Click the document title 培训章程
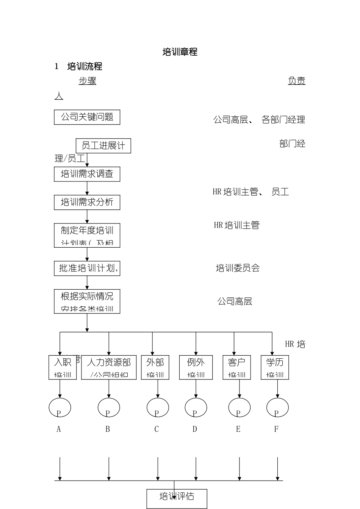(180, 52)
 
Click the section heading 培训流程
(85, 67)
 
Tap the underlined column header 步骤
(88, 81)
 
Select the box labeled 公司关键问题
(87, 117)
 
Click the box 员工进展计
(103, 146)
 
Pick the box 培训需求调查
(87, 174)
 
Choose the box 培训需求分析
(87, 202)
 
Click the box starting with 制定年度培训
(87, 235)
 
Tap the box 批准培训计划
(87, 268)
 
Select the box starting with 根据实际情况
(87, 301)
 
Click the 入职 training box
(63, 367)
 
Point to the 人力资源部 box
(109, 367)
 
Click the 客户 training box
(237, 367)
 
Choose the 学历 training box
(275, 367)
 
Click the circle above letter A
(60, 408)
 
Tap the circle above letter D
(196, 408)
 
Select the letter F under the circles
(276, 429)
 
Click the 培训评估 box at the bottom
(177, 498)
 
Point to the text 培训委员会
(238, 268)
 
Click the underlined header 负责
(297, 81)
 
